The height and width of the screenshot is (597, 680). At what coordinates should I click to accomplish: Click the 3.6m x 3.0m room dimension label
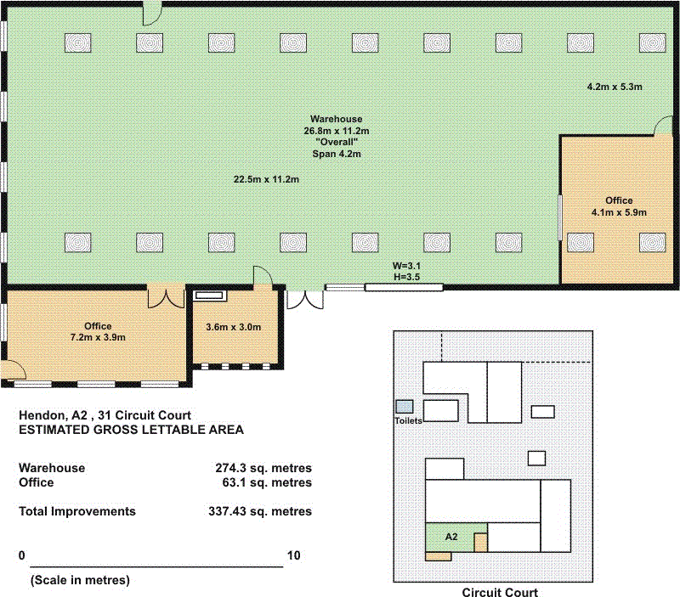(x=233, y=327)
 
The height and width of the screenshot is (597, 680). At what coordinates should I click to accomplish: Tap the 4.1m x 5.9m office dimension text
(x=619, y=212)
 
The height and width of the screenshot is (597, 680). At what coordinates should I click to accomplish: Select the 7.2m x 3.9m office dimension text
(x=98, y=337)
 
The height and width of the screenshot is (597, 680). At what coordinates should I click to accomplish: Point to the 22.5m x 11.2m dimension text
(x=266, y=179)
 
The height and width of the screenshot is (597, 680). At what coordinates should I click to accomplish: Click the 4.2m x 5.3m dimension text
(x=615, y=87)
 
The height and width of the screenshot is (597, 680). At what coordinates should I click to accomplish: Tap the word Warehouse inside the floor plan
(x=336, y=119)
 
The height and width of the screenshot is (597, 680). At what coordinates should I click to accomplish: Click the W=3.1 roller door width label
(x=406, y=266)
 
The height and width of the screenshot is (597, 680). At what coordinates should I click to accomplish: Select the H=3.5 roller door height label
(x=406, y=277)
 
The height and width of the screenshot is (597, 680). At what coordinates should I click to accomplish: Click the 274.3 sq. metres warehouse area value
(x=263, y=468)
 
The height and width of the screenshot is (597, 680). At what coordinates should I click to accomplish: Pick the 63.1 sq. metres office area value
(x=267, y=482)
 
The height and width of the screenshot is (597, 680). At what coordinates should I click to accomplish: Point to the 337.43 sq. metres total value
(x=260, y=511)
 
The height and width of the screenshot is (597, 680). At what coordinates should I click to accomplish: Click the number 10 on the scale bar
(x=293, y=555)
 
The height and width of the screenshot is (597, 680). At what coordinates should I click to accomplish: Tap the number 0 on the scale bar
(x=22, y=555)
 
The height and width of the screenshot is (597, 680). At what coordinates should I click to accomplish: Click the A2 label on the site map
(x=451, y=537)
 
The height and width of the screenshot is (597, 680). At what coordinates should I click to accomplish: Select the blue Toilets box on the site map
(x=405, y=407)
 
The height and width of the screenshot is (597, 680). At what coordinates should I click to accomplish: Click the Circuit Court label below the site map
(x=500, y=592)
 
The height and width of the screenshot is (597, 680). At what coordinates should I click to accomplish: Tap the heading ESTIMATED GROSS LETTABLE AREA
(x=131, y=430)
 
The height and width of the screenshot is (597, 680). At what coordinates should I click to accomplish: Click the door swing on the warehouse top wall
(x=153, y=14)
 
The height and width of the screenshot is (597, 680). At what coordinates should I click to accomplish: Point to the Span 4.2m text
(x=337, y=154)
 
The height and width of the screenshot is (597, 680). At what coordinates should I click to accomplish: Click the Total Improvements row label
(x=77, y=511)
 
